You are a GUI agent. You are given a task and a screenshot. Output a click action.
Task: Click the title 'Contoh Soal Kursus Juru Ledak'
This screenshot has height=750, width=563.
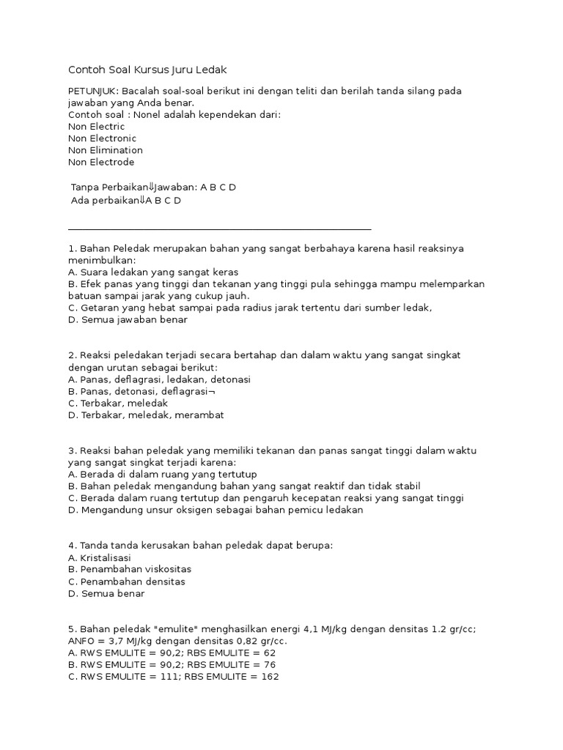[147, 70]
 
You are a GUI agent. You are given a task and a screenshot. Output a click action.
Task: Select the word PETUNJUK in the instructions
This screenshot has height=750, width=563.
[92, 91]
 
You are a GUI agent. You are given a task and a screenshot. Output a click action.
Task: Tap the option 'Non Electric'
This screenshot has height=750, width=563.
[96, 127]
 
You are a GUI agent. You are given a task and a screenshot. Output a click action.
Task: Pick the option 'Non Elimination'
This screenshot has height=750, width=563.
[105, 150]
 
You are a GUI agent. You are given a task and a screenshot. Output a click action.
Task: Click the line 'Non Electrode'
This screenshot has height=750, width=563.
[100, 162]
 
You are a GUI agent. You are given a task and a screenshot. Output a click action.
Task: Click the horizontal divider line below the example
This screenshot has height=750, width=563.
[219, 229]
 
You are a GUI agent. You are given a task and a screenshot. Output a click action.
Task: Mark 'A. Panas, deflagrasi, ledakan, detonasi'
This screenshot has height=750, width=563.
[159, 379]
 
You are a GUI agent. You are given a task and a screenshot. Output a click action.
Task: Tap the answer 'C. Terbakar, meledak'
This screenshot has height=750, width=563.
[117, 403]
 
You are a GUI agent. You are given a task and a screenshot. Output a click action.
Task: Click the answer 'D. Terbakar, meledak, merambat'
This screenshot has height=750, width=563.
[145, 415]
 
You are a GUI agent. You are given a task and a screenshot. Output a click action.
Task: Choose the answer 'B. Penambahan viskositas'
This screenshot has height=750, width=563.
[124, 569]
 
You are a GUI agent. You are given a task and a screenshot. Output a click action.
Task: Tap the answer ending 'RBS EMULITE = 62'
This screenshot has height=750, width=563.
[172, 653]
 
